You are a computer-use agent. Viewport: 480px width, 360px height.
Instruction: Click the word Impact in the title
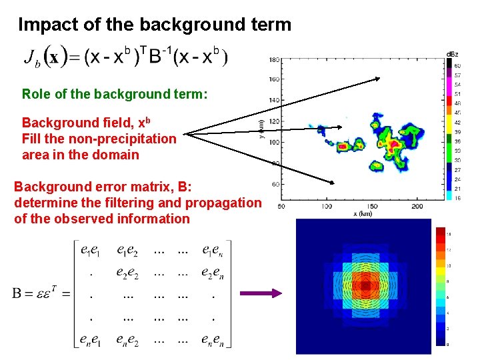[x=43, y=25]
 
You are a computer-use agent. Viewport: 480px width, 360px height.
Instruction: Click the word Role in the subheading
[x=35, y=94]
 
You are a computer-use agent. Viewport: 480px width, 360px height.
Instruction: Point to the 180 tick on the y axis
[x=274, y=60]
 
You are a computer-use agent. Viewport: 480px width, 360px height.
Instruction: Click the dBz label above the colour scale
[x=452, y=53]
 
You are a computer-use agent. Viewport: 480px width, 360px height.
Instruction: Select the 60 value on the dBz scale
[x=457, y=65]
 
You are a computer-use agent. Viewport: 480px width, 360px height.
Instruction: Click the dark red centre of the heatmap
[x=365, y=285]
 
